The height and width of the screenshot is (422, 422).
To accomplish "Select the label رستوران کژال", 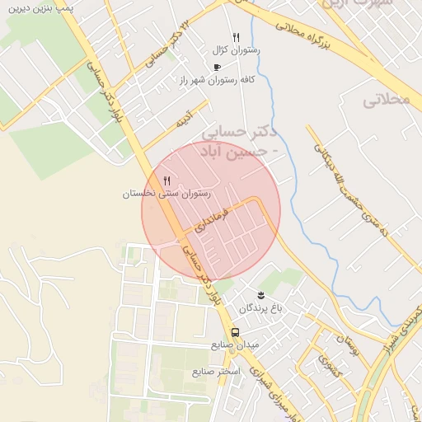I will coord(236,50).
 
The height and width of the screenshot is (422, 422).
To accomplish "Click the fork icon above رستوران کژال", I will coord(236,37).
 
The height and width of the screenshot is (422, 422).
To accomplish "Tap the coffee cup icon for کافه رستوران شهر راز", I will coord(217,67).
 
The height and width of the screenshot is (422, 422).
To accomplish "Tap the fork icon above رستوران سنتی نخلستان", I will coord(166,181).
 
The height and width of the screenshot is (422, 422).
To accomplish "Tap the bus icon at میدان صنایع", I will coord(236,332).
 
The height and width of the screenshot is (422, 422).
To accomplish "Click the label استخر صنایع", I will coord(216,372).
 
